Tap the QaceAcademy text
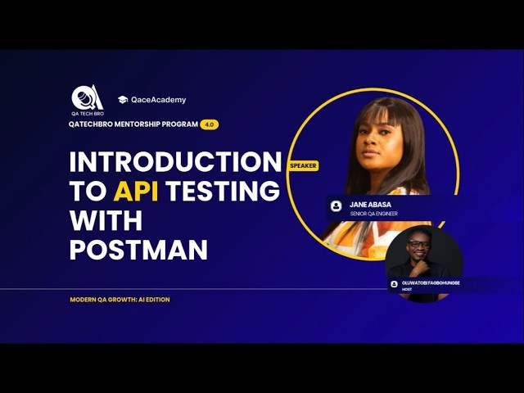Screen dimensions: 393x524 [x=159, y=100]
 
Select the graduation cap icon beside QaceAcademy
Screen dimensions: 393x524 [x=123, y=100]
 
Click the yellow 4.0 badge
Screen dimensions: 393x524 [x=210, y=124]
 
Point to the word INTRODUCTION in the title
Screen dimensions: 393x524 [x=175, y=161]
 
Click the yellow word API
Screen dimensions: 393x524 [x=136, y=191]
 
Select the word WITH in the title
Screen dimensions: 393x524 [x=106, y=220]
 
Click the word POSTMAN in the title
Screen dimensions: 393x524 [x=138, y=250]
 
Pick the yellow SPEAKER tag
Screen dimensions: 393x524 [x=303, y=165]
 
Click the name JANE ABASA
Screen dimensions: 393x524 [x=370, y=203]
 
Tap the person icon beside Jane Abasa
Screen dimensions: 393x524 [x=336, y=206]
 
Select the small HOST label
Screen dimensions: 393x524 [x=407, y=290]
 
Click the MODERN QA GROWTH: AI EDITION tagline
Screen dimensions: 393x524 [x=120, y=300]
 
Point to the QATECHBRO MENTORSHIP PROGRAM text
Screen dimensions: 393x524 [x=133, y=124]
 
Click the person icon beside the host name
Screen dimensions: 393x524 [x=394, y=284]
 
